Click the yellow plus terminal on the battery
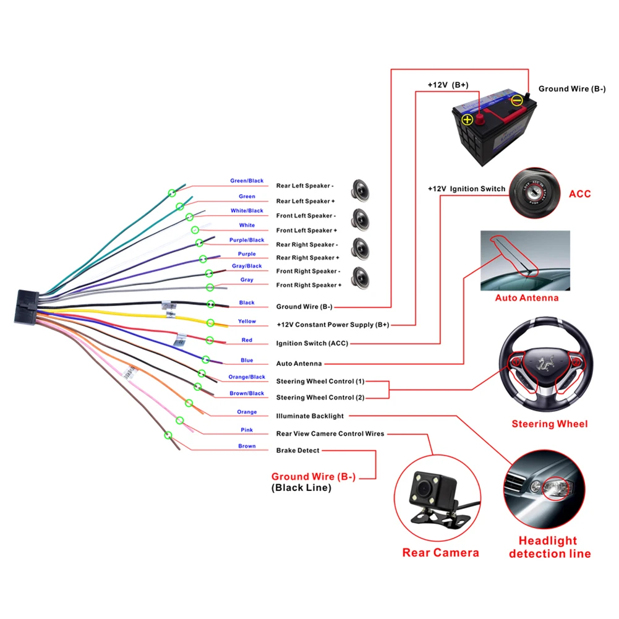[467, 119]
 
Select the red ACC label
[579, 194]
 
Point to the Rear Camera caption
[440, 552]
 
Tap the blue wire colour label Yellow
[247, 322]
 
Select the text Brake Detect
[297, 451]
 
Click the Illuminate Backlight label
[310, 416]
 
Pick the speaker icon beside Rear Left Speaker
[360, 190]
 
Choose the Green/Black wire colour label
[247, 181]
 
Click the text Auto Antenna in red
[526, 298]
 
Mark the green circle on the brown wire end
[168, 435]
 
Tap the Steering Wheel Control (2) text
[320, 398]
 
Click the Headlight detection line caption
[549, 547]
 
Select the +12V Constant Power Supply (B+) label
[333, 325]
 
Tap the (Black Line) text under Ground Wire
[301, 488]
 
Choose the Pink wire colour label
[247, 430]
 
